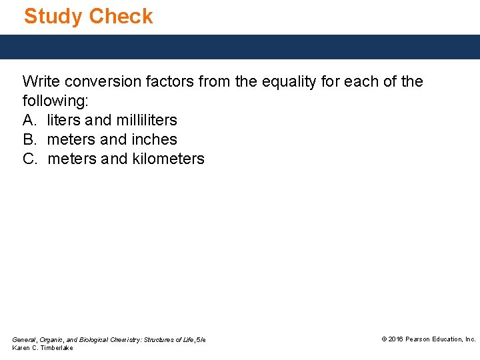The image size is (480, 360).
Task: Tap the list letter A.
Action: point(28,121)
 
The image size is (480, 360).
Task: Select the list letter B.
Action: point(28,140)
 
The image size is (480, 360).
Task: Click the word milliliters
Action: point(146,121)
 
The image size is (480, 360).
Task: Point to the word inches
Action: point(155,140)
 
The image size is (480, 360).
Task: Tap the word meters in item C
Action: point(72,159)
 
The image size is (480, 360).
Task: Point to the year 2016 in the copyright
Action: point(396,339)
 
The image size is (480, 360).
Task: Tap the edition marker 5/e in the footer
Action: point(201,340)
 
